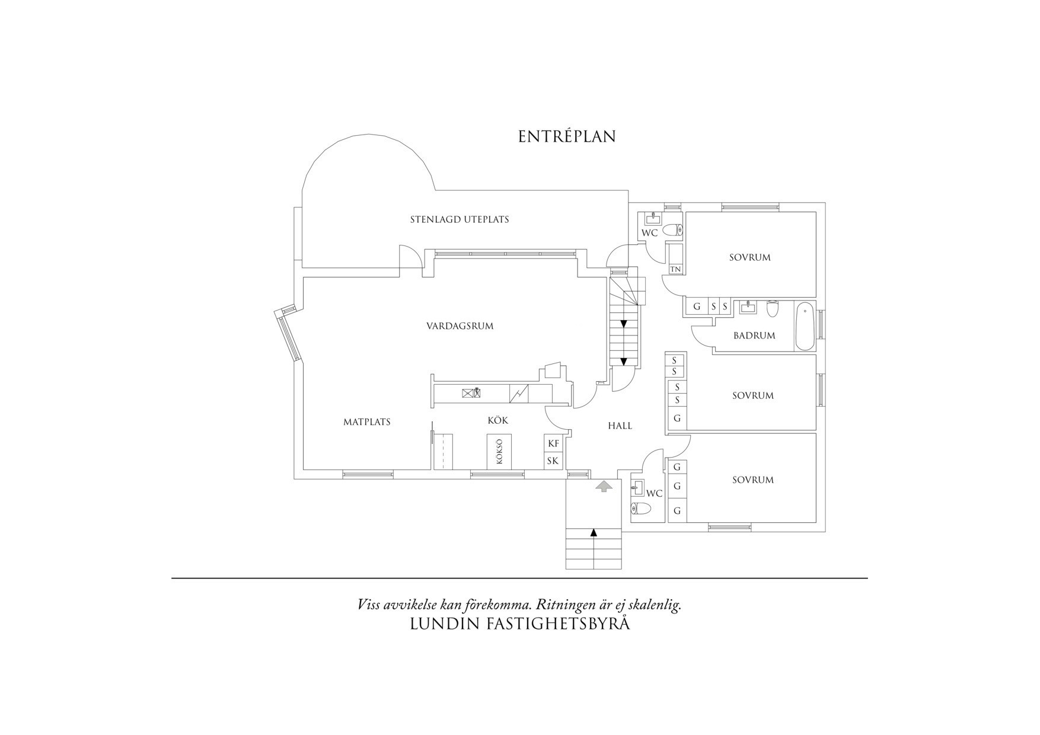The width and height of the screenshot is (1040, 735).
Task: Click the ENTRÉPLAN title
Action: [567, 136]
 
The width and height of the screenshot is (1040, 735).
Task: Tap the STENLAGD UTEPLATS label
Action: [460, 219]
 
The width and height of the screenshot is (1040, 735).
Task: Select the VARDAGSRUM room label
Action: [460, 326]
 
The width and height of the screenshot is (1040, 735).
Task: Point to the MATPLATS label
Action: [367, 422]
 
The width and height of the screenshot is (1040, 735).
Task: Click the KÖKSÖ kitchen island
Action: [499, 452]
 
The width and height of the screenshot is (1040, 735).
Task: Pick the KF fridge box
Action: [553, 443]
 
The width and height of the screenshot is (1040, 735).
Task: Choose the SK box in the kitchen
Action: [553, 461]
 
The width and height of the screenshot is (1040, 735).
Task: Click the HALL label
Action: [620, 426]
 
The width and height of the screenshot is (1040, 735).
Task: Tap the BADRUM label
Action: [754, 335]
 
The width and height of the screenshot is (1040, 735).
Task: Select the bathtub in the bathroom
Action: [805, 327]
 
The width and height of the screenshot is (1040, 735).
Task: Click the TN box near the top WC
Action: [675, 269]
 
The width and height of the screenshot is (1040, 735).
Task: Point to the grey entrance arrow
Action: [604, 487]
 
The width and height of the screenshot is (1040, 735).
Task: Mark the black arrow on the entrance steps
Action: [594, 532]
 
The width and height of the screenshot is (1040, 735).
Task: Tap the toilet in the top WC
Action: [673, 230]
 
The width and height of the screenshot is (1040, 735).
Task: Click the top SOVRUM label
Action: [750, 257]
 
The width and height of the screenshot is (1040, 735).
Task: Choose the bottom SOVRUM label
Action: [753, 480]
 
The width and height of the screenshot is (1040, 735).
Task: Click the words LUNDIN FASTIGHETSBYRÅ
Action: [520, 624]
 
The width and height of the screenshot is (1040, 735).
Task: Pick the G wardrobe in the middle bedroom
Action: [677, 418]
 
